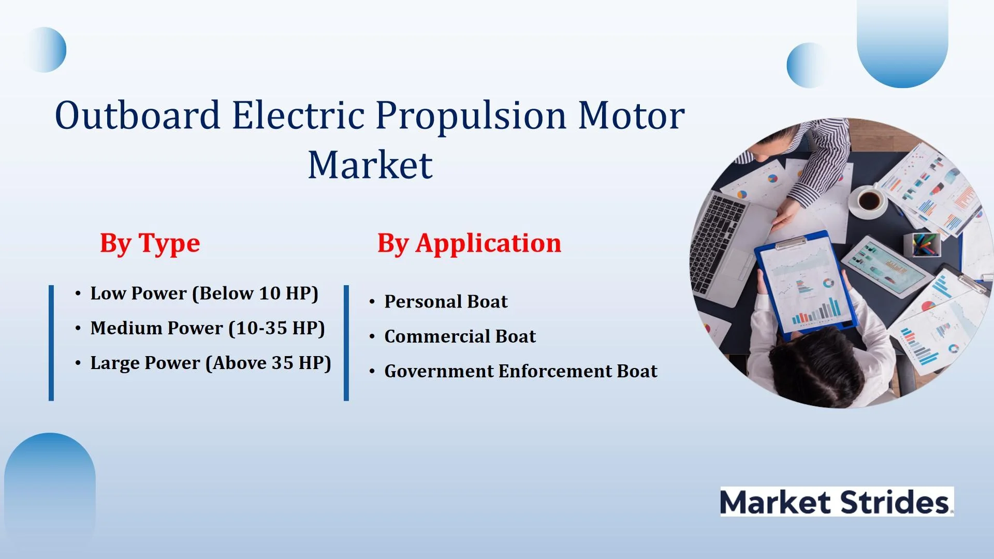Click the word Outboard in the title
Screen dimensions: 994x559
tap(138, 115)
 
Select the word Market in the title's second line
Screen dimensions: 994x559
tap(370, 165)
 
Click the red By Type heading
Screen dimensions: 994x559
tap(150, 244)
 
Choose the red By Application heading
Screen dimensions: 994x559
tap(469, 244)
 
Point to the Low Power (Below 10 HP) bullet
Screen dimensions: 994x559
tap(204, 293)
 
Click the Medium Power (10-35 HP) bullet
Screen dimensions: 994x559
tap(207, 328)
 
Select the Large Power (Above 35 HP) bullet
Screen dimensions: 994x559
tap(210, 363)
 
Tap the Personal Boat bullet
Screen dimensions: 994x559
tap(446, 301)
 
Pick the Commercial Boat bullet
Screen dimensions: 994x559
tap(460, 336)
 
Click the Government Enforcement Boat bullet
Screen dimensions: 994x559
tap(521, 371)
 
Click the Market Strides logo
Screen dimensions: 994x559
tap(837, 502)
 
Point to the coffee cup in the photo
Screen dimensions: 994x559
tap(869, 200)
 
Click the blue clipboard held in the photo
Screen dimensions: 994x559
tap(803, 282)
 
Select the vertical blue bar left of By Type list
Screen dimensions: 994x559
tap(51, 343)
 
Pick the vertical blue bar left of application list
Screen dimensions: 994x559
tap(346, 343)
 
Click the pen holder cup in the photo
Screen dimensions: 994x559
tap(922, 244)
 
